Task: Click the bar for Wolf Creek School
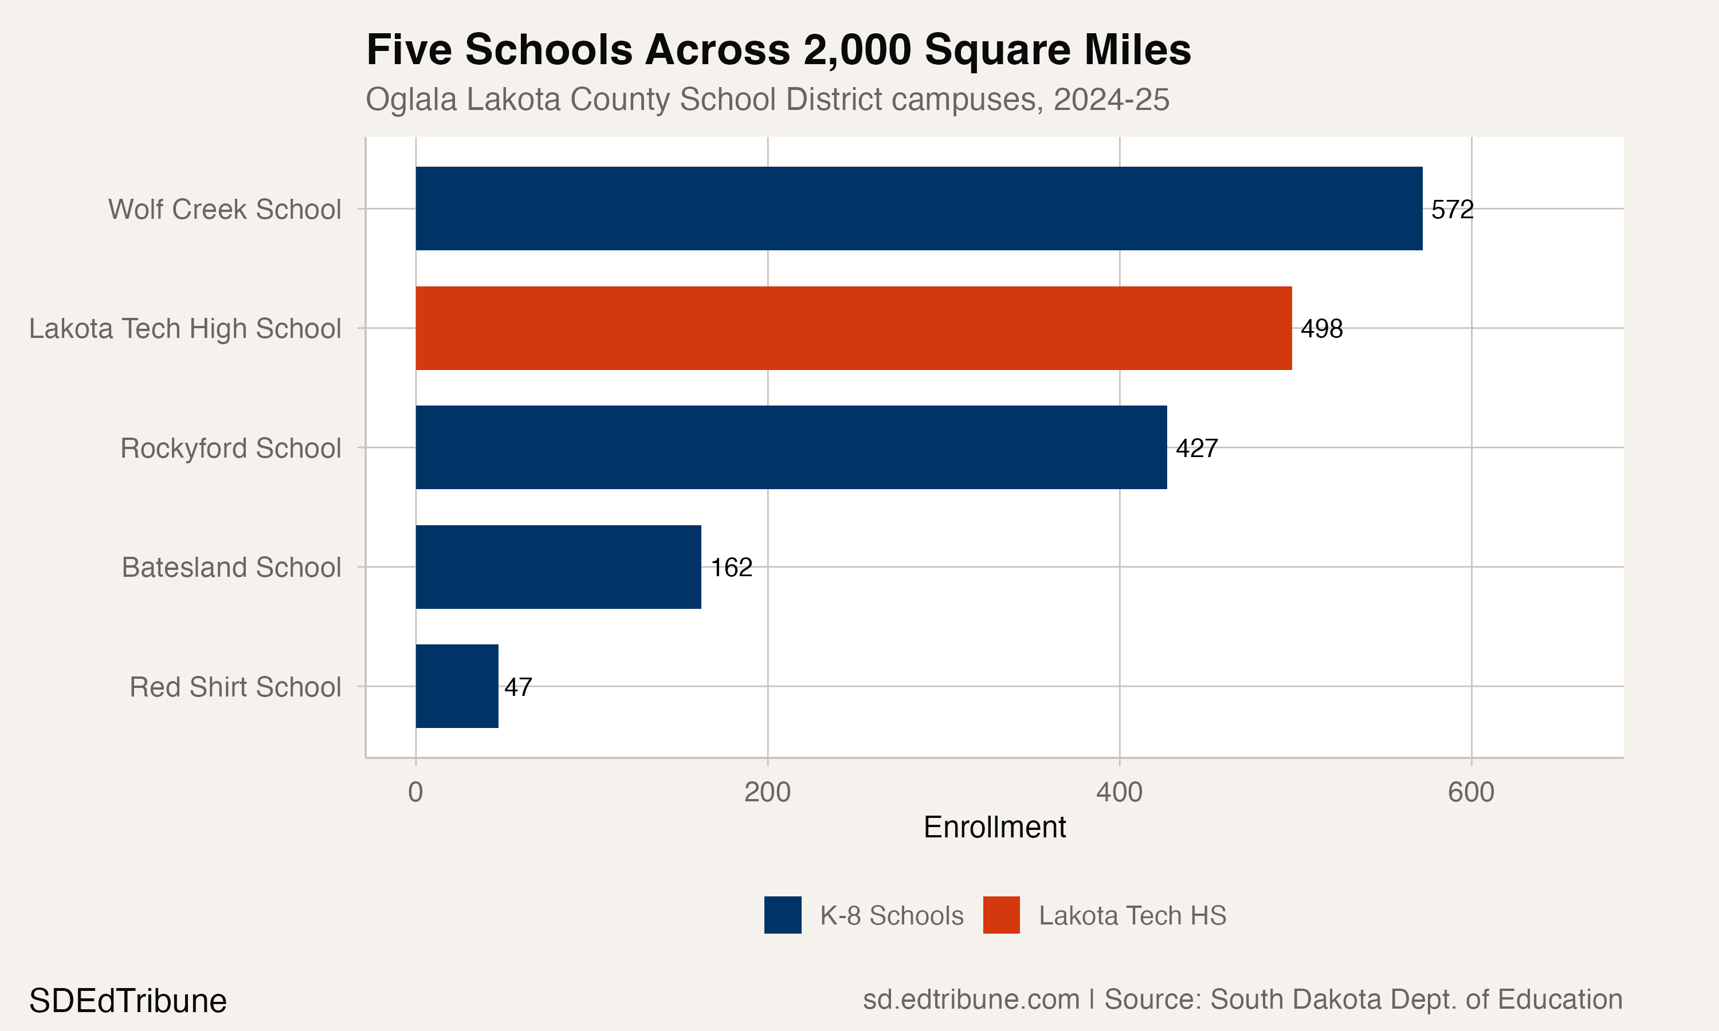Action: (x=919, y=208)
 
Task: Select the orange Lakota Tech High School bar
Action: (x=853, y=328)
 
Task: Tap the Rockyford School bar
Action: (x=791, y=447)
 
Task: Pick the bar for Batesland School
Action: (x=558, y=567)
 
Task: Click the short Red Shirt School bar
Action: (x=457, y=686)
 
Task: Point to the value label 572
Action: (x=1452, y=209)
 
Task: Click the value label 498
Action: (x=1321, y=329)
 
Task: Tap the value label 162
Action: (x=732, y=568)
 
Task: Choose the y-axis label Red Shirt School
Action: (x=235, y=687)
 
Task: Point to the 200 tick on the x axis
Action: (x=767, y=792)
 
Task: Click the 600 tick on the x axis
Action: (x=1471, y=792)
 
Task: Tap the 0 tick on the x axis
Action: (x=415, y=792)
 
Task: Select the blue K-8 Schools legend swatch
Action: (x=782, y=915)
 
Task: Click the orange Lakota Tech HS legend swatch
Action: (x=1001, y=915)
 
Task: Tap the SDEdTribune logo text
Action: (x=128, y=1001)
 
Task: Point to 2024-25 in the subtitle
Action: (x=1111, y=99)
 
